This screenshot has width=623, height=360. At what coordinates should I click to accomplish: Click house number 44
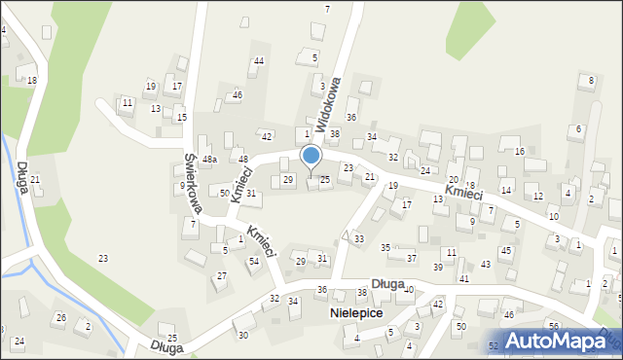coord(258,61)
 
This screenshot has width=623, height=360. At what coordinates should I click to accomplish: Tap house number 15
coord(181,118)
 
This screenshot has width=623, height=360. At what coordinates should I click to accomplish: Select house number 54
coord(253,261)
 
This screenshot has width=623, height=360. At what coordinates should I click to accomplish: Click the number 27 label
coord(221,276)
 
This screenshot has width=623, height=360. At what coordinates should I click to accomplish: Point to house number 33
coord(359,238)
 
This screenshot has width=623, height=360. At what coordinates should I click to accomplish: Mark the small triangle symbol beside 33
coord(345,235)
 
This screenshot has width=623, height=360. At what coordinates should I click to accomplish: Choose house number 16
coord(520,151)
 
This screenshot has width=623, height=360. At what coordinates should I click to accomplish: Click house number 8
coord(592,79)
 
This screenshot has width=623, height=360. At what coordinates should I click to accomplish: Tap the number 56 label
coord(553,326)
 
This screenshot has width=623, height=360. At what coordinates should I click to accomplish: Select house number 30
coord(243,335)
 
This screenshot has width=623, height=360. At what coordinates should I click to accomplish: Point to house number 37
coord(412,258)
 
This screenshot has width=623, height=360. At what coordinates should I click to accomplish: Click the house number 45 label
coord(505,251)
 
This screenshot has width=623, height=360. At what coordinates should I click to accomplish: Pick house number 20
coord(453,180)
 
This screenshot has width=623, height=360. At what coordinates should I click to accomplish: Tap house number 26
coord(60,318)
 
